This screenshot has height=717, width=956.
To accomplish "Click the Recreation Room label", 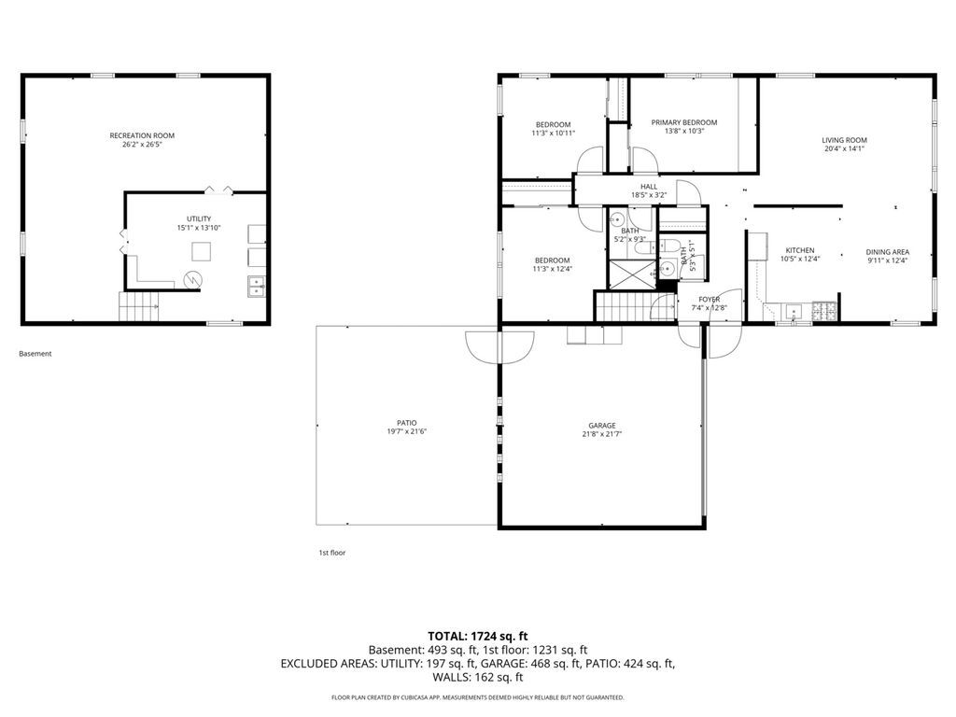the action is (142, 135).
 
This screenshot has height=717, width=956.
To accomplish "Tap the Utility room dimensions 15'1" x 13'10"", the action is (199, 228).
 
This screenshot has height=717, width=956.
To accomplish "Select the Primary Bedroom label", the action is (684, 122).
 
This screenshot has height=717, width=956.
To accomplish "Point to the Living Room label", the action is (844, 140).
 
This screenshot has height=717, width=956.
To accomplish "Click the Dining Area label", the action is (888, 252).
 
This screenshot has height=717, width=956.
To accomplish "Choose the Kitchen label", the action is (800, 250).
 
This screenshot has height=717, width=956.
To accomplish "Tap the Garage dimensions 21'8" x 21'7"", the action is (602, 434).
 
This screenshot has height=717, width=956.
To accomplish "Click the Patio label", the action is (407, 423).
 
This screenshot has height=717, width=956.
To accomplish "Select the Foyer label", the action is (710, 300).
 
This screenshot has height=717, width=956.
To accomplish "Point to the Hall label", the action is (649, 187).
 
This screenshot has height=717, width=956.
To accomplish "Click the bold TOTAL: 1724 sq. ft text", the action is (477, 637).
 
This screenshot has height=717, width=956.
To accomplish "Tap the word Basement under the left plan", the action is (35, 354).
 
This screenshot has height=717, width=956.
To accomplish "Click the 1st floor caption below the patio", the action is (332, 553).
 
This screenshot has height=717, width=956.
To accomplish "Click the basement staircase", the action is (138, 306).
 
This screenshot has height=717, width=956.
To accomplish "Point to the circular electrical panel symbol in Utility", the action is (193, 279).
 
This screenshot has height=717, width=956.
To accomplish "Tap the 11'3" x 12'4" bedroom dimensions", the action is (553, 269).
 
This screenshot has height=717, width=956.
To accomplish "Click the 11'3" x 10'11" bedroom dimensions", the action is (553, 133).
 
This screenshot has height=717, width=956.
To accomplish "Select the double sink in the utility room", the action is (257, 286).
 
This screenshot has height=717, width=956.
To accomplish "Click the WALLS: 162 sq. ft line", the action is (478, 677).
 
